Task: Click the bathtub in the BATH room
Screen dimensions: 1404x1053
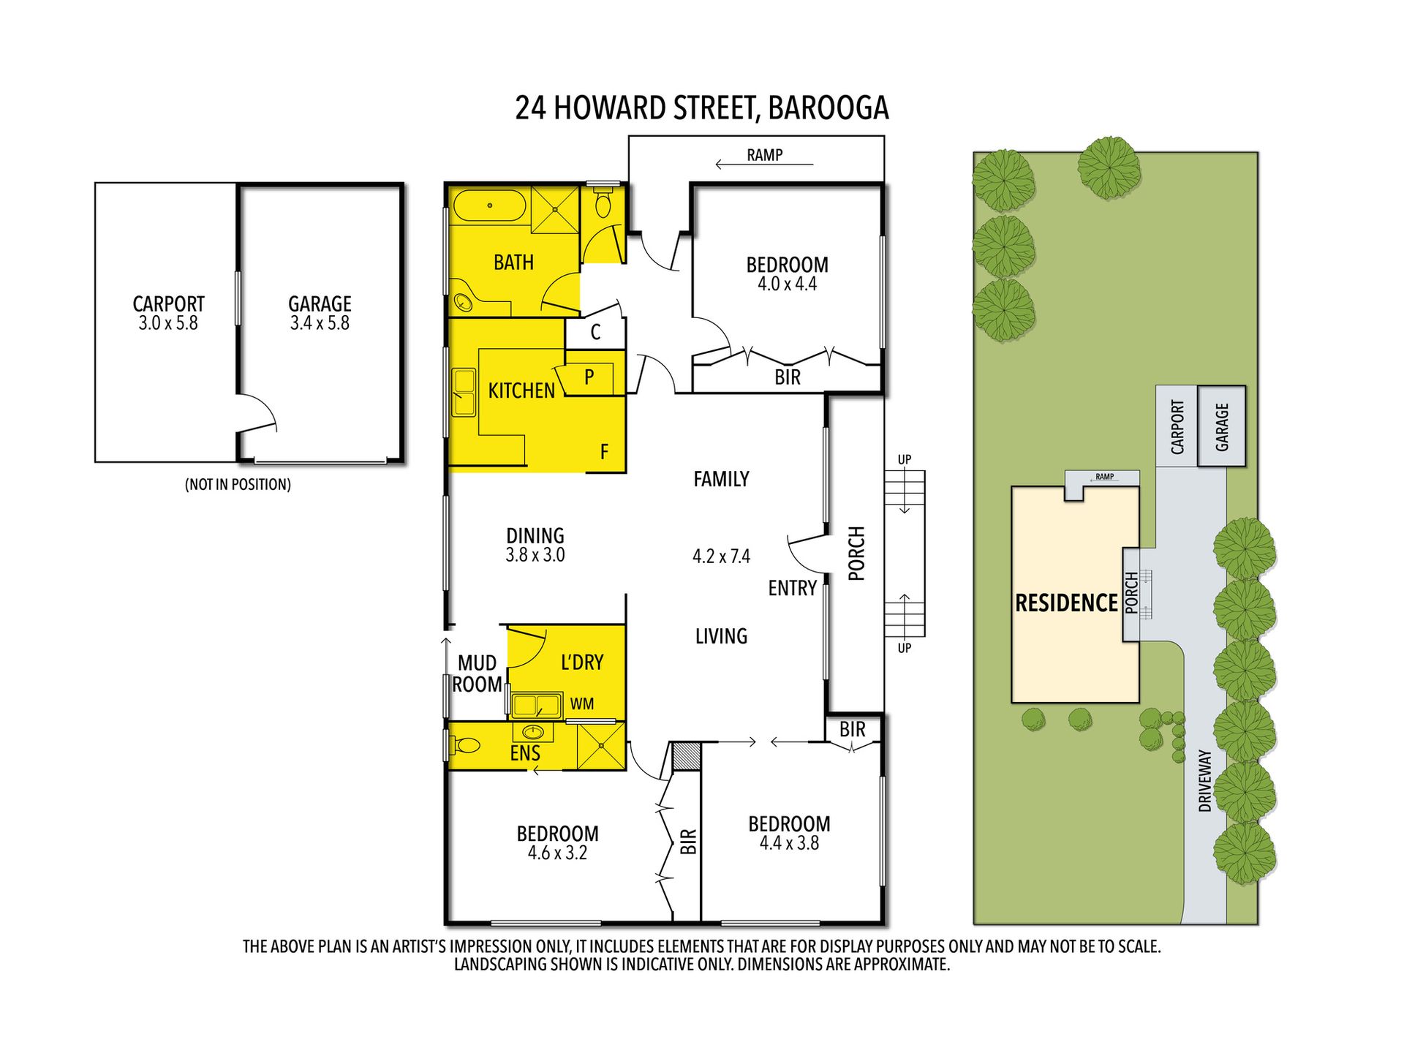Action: pos(489,205)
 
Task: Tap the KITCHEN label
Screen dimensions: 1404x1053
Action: pos(521,391)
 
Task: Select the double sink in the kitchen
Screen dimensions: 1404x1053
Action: pos(464,393)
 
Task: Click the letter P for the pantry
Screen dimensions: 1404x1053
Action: pos(589,377)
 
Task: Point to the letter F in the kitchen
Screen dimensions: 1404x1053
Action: pos(604,452)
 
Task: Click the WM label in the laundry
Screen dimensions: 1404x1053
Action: pos(582,704)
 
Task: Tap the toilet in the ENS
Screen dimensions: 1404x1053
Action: pos(464,745)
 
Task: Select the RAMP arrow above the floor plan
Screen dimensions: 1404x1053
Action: pos(764,165)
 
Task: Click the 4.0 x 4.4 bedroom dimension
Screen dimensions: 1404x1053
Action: pos(787,284)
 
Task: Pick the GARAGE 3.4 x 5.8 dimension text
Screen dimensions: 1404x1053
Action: pos(320,323)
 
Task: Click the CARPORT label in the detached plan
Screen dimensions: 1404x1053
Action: pos(168,303)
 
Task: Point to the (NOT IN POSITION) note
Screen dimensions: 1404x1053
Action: pos(238,484)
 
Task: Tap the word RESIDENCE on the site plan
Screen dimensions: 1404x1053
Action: pos(1066,603)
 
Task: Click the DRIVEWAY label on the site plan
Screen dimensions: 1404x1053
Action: pos(1204,780)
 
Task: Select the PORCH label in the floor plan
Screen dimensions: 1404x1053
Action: pos(856,554)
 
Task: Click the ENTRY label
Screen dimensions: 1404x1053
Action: pos(792,588)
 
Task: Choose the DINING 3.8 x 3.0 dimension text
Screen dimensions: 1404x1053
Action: pos(535,555)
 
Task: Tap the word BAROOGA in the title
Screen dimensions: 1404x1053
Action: pos(829,108)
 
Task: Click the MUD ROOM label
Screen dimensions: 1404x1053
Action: pos(478,673)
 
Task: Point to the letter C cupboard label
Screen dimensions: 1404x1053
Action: pos(595,333)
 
